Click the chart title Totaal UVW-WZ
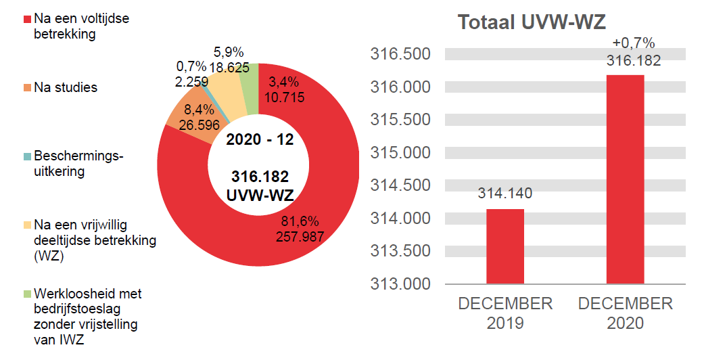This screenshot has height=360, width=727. [x=532, y=22]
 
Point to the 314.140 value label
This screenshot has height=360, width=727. [x=505, y=193]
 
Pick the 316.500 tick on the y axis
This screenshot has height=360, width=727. [x=400, y=54]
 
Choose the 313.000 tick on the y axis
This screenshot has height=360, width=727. [x=400, y=284]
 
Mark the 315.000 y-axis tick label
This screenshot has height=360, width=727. [x=400, y=152]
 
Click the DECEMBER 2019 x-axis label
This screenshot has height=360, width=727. [x=505, y=313]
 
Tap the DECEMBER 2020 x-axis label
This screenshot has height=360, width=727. [x=626, y=313]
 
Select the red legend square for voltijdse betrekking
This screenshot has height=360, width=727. [x=27, y=19]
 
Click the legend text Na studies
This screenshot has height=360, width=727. [x=66, y=87]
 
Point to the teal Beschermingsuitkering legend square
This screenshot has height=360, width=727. [x=27, y=156]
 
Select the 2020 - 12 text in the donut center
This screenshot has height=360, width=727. [x=260, y=140]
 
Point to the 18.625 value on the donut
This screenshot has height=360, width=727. [x=229, y=67]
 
